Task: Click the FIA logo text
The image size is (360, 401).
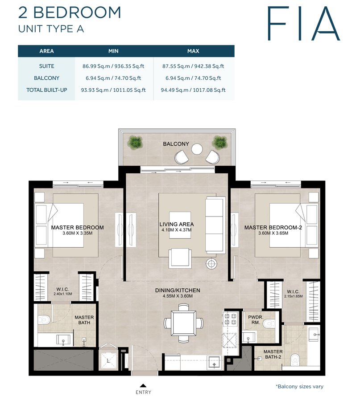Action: tap(303, 23)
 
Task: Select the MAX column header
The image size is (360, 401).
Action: tap(193, 51)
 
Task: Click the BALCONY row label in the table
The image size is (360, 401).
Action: tap(46, 78)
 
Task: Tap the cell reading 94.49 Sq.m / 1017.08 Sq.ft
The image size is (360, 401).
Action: tap(193, 90)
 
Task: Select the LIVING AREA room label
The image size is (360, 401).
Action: tap(176, 224)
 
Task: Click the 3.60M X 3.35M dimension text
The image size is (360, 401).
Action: tap(77, 233)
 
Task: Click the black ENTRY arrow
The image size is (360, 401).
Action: tap(143, 385)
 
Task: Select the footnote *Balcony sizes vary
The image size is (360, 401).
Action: tap(299, 386)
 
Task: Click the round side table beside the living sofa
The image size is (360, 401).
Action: tap(211, 263)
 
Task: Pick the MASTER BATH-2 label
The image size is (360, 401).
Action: tap(273, 355)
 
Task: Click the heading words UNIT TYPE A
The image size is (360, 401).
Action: tap(51, 29)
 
